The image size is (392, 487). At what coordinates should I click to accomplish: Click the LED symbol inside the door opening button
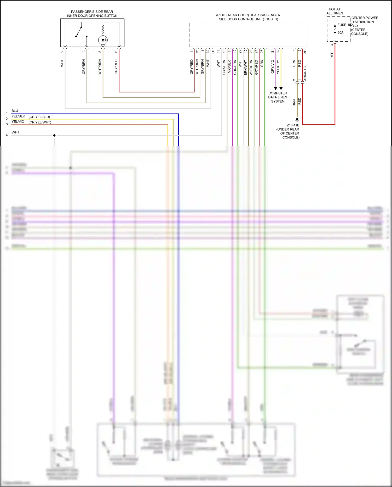coord(103,40)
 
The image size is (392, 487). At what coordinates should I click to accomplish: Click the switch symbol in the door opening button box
coord(79,32)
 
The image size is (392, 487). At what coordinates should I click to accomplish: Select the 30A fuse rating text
coord(341,32)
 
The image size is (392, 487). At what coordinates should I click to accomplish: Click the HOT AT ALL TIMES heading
coord(335,11)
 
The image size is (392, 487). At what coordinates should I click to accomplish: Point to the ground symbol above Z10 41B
coord(297,120)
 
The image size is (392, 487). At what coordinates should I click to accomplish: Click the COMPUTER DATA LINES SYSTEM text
coord(278,97)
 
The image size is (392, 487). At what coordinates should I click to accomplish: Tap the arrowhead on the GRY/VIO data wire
coord(275,88)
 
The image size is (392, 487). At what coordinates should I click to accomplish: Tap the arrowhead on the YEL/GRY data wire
coord(281,88)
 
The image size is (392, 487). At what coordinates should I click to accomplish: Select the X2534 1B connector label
coord(305,73)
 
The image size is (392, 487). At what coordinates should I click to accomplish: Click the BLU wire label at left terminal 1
coord(15,111)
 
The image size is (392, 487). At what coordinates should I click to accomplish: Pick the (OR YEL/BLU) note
coord(39,117)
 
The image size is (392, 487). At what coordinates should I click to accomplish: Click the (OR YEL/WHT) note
coord(40,122)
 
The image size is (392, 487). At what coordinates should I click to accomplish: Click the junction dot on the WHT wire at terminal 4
coord(54,135)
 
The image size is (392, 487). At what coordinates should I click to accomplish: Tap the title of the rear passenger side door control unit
coord(248,17)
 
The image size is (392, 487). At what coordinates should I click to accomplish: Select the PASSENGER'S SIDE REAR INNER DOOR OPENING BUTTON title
coord(92,14)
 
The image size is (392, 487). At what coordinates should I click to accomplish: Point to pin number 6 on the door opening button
coord(116,52)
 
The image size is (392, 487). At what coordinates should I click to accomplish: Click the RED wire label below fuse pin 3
coord(332,55)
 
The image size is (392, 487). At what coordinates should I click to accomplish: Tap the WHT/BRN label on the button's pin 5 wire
coord(100,67)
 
